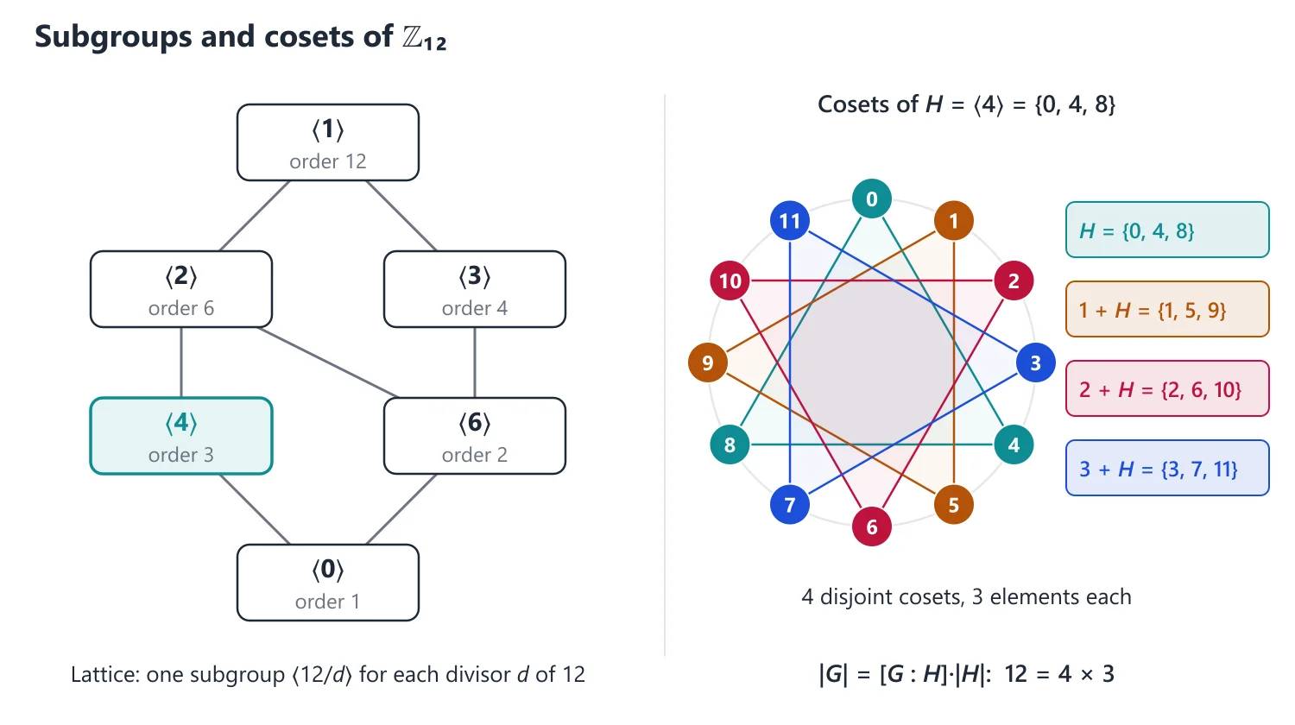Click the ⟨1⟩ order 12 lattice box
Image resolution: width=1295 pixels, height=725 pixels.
click(328, 142)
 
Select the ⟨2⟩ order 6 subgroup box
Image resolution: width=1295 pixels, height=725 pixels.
click(181, 289)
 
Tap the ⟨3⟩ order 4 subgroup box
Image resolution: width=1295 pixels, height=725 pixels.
click(475, 289)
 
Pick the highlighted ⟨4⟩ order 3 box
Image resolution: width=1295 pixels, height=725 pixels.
click(181, 436)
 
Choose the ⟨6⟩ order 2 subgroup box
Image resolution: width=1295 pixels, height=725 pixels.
click(475, 436)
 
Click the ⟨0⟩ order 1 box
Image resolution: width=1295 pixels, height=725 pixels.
click(328, 583)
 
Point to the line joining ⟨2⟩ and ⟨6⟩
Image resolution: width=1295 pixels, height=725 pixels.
click(328, 362)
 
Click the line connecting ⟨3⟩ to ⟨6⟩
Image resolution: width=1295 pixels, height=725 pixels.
click(475, 362)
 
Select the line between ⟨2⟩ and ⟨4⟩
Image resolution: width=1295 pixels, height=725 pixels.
click(181, 362)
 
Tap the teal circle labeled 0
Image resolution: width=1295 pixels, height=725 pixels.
click(872, 199)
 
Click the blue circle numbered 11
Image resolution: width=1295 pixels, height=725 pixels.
click(790, 221)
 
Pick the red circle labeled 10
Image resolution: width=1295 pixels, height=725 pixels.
click(730, 281)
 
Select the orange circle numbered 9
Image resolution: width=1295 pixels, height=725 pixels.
click(708, 363)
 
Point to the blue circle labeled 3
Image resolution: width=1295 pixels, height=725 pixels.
click(1036, 363)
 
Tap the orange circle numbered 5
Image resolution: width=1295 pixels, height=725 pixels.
click(954, 505)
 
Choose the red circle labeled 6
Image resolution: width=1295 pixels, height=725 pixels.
click(872, 527)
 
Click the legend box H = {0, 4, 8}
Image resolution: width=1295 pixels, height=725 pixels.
click(1167, 230)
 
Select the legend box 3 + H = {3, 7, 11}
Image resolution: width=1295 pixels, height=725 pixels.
click(1167, 468)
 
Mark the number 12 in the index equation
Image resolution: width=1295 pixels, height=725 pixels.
click(1016, 674)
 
